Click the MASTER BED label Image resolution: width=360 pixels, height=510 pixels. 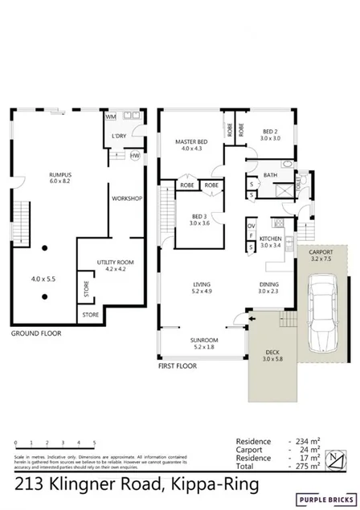click(191, 141)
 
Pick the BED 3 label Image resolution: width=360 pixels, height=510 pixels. click(201, 216)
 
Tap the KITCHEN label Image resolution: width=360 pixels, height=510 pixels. click(270, 239)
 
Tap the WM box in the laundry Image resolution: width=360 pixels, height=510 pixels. click(111, 116)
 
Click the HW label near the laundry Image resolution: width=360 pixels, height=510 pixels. click(134, 155)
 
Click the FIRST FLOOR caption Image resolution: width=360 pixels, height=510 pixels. click(177, 364)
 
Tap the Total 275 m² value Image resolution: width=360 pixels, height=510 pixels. click(306, 466)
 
